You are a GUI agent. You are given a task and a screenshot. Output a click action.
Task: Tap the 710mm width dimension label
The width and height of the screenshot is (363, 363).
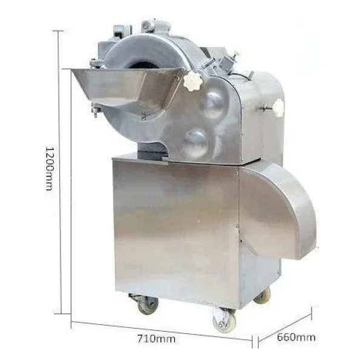point(157,339)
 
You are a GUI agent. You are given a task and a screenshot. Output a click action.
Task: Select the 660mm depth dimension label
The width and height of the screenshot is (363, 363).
point(296,338)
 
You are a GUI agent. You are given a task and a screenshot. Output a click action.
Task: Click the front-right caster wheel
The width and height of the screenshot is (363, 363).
point(224,320)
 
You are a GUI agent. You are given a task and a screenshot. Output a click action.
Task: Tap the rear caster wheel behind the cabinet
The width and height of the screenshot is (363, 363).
point(263,296)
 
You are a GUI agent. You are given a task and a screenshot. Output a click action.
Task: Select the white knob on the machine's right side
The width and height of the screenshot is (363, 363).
point(278,107)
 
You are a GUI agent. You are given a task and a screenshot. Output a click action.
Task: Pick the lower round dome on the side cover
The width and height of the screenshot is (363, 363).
point(196,142)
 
